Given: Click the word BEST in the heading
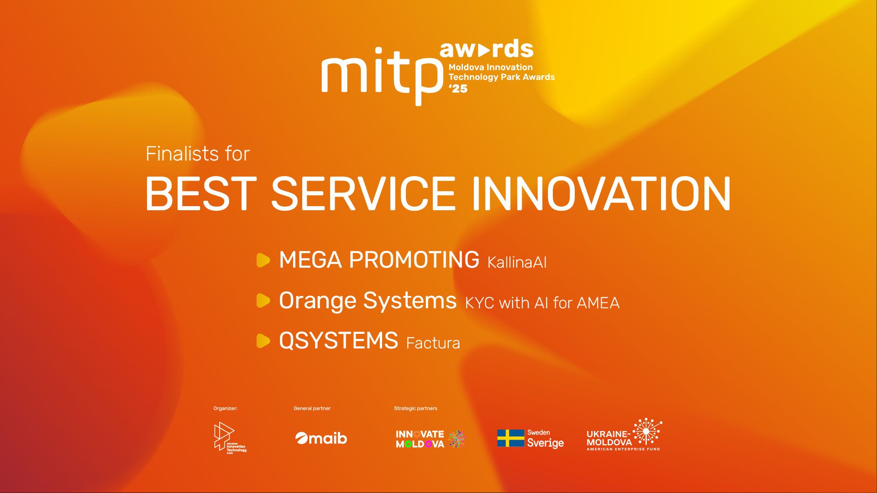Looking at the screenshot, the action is (x=201, y=194).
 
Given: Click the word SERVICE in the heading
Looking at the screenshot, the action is (x=363, y=194).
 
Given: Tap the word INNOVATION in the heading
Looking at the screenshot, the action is (x=601, y=194).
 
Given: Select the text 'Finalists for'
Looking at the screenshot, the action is (x=198, y=154).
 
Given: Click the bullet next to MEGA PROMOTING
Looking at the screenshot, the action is (x=263, y=260).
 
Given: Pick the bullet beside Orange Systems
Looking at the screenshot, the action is (x=263, y=301).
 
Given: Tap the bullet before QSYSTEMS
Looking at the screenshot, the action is (x=263, y=341).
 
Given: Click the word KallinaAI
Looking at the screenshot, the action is (x=517, y=262).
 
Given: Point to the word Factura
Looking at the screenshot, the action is (x=433, y=343).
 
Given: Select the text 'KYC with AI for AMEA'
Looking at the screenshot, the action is (x=542, y=303).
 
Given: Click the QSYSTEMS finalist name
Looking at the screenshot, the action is (x=338, y=341).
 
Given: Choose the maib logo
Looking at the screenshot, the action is (x=321, y=438).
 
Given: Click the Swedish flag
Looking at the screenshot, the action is (x=511, y=438).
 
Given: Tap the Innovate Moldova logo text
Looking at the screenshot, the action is (x=420, y=439).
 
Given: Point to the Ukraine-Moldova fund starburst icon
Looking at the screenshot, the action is (x=647, y=431).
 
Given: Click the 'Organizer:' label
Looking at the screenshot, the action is (x=226, y=408).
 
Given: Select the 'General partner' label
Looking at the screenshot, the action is (x=312, y=408).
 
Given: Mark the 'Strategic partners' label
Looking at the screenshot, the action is (x=415, y=408).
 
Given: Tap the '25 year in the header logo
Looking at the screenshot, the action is (x=458, y=88).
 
